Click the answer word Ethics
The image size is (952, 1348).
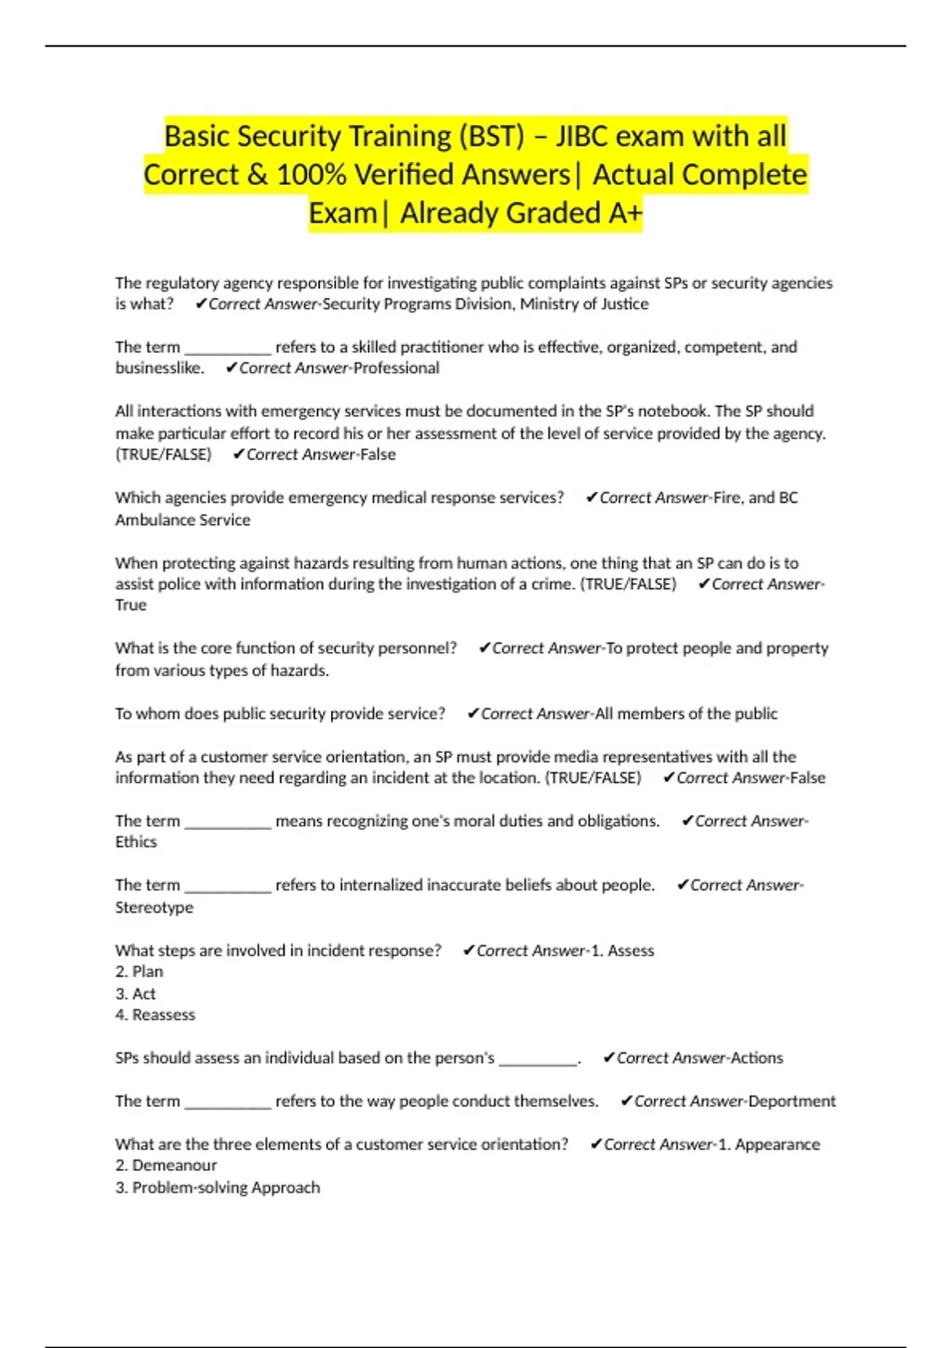136,842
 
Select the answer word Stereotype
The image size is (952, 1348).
154,907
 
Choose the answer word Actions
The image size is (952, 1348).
757,1058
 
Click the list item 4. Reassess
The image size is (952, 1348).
155,1015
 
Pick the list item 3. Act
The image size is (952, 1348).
135,994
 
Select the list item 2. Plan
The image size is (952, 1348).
139,971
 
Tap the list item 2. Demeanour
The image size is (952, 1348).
166,1166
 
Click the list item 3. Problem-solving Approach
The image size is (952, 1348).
217,1188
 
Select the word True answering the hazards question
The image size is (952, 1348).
131,605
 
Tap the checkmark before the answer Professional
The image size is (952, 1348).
231,368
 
